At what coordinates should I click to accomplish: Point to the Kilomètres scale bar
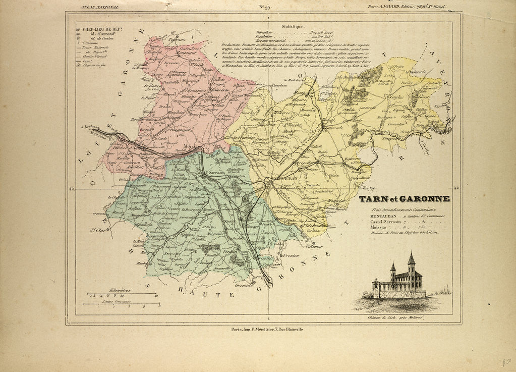point(121,293)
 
